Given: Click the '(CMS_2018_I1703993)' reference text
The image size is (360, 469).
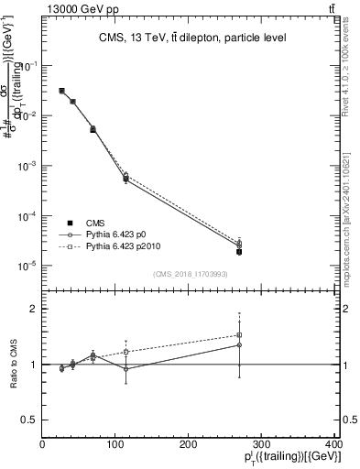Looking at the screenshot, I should (191, 274).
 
